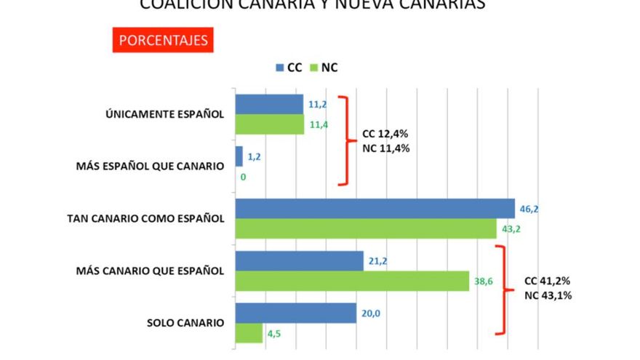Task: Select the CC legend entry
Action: point(289,68)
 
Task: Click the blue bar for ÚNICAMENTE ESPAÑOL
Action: point(268,104)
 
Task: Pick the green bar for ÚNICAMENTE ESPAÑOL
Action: point(269,124)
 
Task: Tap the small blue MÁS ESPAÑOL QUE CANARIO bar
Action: point(239,156)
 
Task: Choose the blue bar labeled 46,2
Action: point(374,209)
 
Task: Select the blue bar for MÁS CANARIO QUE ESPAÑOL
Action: point(298,260)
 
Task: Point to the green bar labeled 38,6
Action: point(351,281)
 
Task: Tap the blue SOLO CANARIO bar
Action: point(295,313)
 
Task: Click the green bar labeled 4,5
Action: point(248,333)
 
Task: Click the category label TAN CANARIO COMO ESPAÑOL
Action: point(145,219)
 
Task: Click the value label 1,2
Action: point(254,156)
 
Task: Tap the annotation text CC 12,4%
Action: point(385,135)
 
